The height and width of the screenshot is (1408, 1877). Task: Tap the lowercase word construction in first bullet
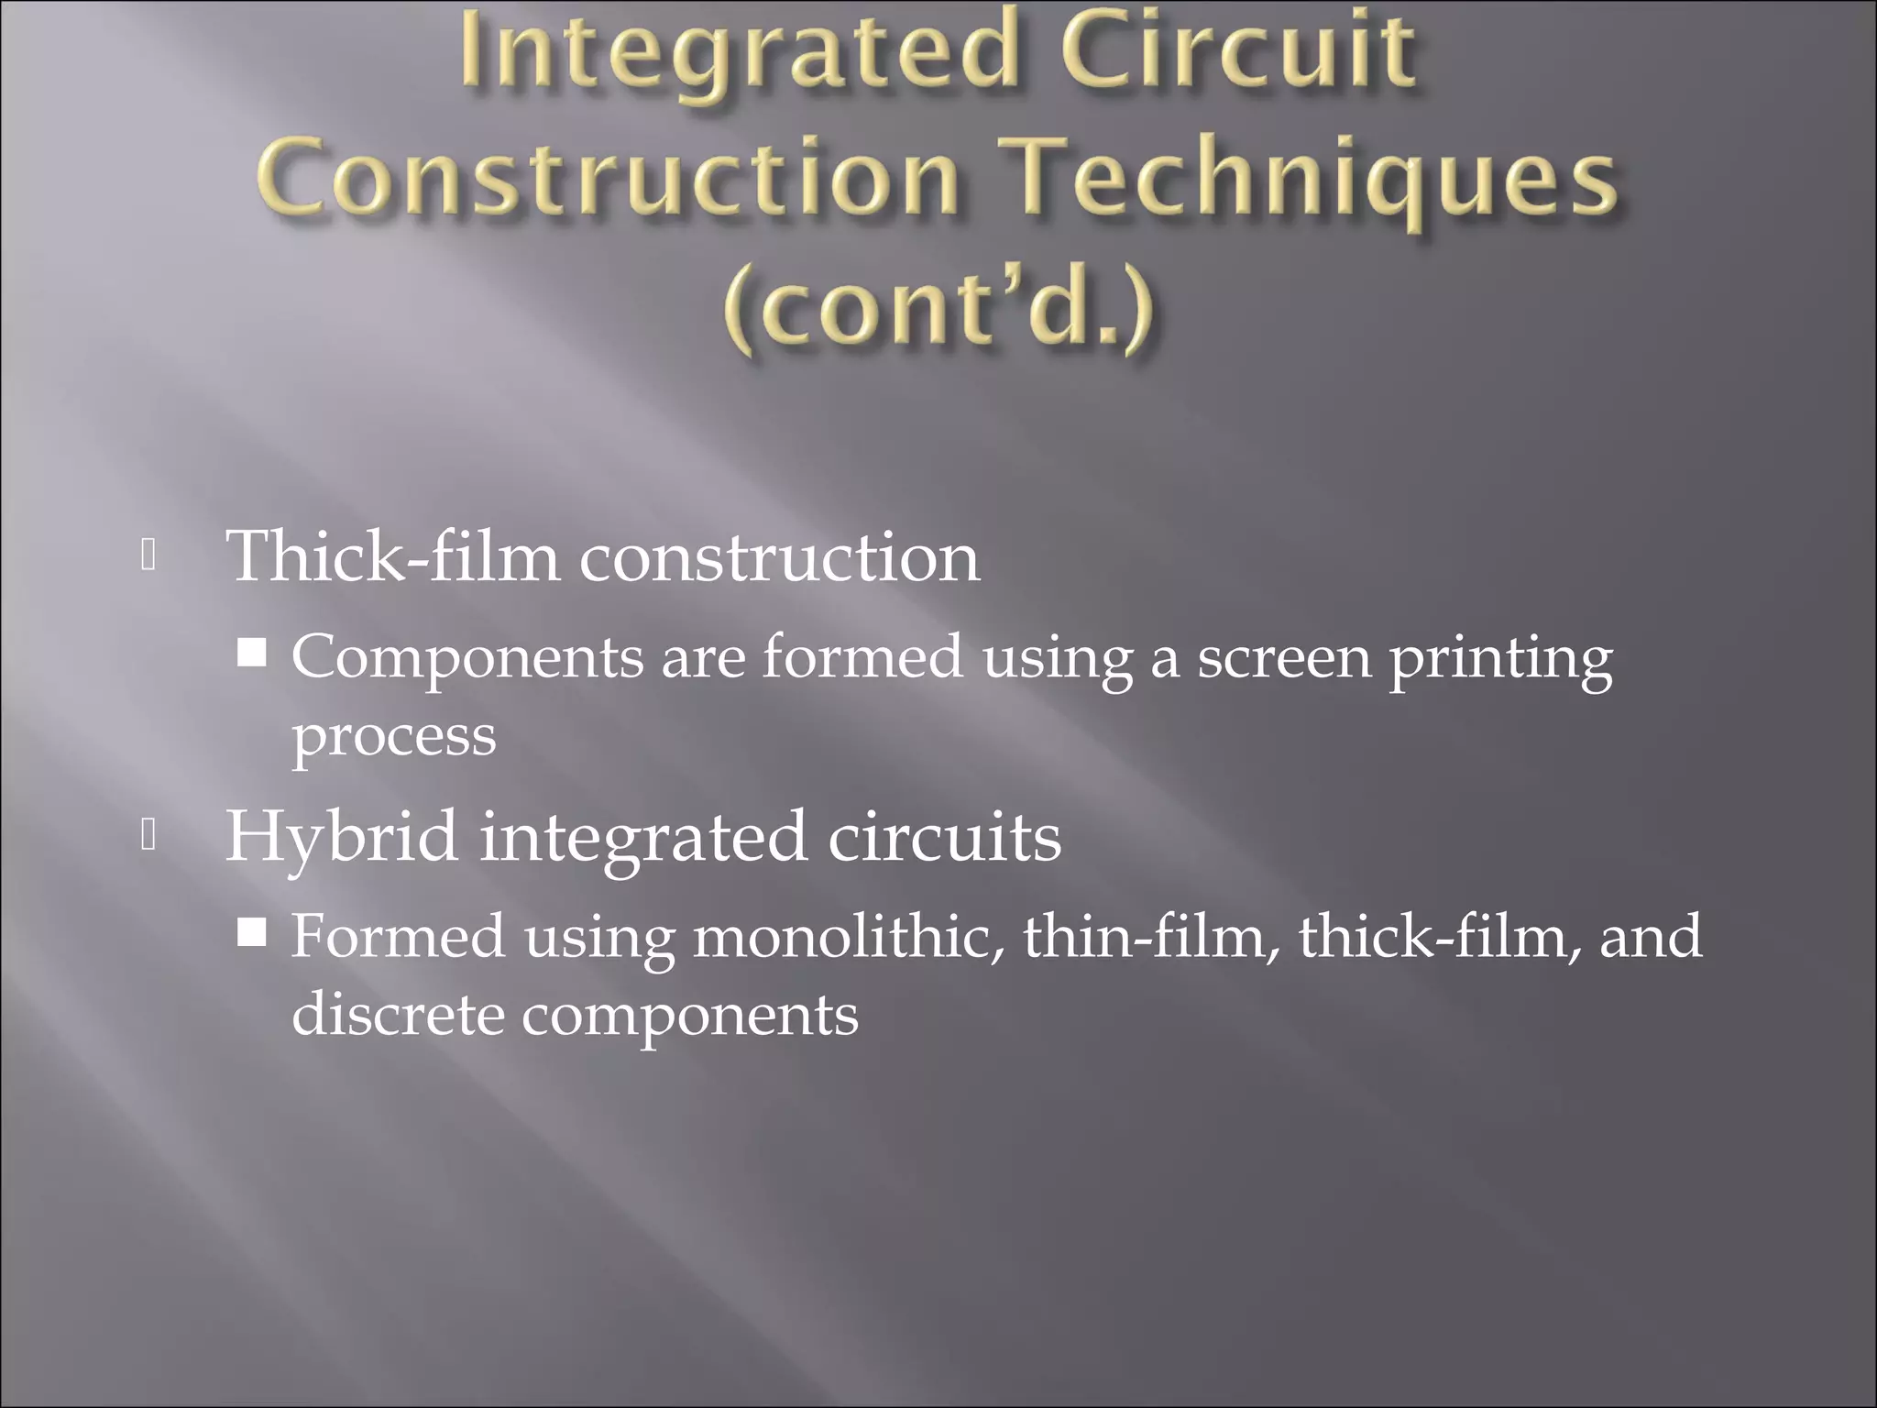coord(779,558)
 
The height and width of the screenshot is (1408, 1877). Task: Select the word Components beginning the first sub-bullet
coord(467,658)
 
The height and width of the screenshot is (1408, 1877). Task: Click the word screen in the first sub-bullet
coord(1283,658)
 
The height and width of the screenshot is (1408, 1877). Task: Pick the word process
coord(394,737)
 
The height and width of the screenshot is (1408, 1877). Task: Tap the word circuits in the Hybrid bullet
coord(944,837)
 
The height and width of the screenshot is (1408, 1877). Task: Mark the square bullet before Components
coord(252,653)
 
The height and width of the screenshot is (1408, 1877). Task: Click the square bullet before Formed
coord(252,933)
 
